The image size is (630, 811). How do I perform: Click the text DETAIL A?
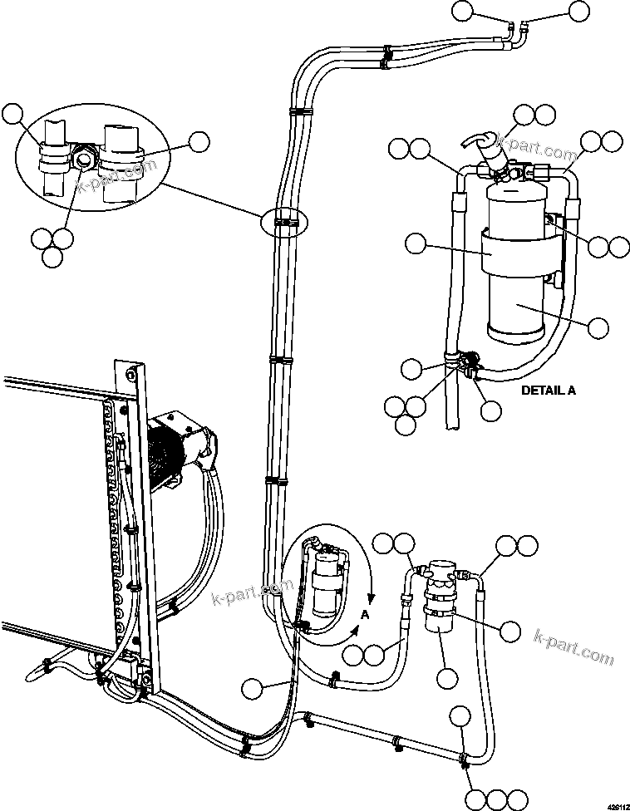[547, 389]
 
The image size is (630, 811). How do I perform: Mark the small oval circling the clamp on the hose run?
[283, 222]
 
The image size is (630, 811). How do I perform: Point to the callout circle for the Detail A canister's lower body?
[598, 327]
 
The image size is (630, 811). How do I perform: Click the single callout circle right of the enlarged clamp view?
[199, 142]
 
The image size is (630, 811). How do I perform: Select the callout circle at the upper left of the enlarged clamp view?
[14, 115]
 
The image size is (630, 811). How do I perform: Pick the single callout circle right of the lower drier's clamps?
[511, 631]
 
